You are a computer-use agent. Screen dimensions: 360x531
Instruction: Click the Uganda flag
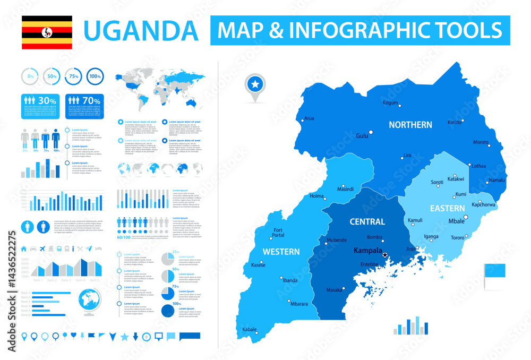click(47, 32)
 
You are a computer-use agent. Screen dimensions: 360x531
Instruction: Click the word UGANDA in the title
click(141, 30)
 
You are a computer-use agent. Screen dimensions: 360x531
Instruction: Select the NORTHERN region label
click(410, 125)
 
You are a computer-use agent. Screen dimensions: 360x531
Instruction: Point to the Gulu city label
click(362, 136)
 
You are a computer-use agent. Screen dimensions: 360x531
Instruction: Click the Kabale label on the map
click(249, 329)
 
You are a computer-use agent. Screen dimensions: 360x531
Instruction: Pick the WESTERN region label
click(281, 252)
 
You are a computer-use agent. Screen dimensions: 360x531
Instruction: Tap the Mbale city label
click(456, 221)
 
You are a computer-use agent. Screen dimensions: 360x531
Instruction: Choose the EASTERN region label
click(448, 208)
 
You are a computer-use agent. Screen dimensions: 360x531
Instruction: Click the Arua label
click(309, 118)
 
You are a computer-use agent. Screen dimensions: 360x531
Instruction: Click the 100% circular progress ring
click(95, 77)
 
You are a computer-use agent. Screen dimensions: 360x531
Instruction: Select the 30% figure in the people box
click(47, 100)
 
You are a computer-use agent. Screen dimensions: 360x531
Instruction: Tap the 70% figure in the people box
click(92, 100)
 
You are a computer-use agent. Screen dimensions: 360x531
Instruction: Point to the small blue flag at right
click(493, 271)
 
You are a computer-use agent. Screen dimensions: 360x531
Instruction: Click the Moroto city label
click(481, 142)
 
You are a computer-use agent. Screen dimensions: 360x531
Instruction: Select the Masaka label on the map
click(334, 290)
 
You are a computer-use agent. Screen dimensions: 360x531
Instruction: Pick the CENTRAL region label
click(367, 221)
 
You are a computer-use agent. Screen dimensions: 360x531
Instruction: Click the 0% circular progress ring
click(30, 77)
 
